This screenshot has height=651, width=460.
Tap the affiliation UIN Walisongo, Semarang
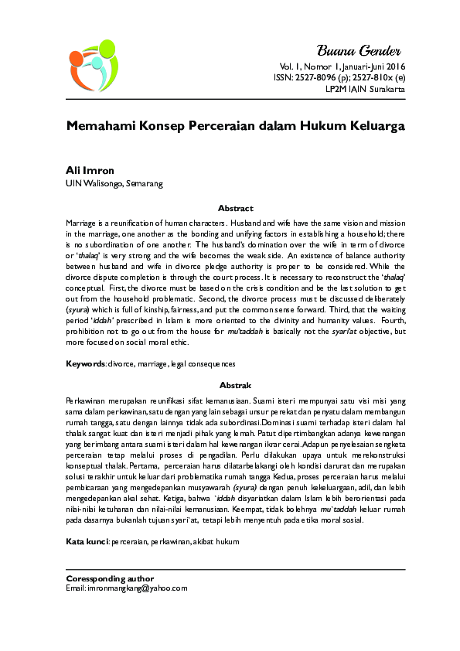(x=114, y=183)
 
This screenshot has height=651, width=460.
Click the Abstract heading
(x=235, y=209)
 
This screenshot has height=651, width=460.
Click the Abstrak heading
(x=235, y=384)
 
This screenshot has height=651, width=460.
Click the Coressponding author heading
(x=110, y=578)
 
